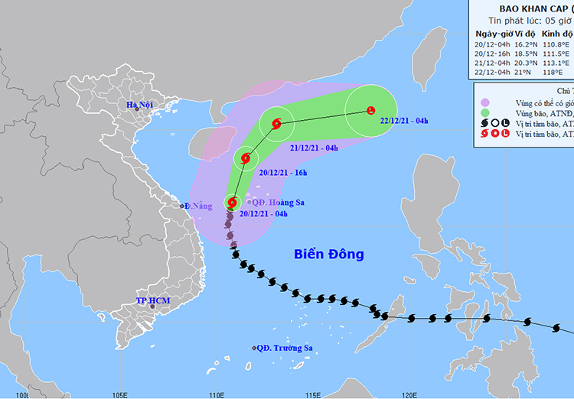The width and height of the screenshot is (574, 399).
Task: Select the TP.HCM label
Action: coord(153,301)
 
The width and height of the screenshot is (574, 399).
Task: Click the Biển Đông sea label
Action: coord(329,254)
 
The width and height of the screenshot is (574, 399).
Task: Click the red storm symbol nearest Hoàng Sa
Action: coord(232,203)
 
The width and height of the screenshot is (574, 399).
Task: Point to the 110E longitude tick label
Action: coord(217,394)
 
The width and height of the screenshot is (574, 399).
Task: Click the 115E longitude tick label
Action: coord(313,394)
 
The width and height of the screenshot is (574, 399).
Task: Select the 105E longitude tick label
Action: coord(119,394)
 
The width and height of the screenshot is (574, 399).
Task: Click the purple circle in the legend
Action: coord(485,102)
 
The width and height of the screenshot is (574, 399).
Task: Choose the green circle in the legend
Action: coord(485,112)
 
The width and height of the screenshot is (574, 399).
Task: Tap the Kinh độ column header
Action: coord(558,34)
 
